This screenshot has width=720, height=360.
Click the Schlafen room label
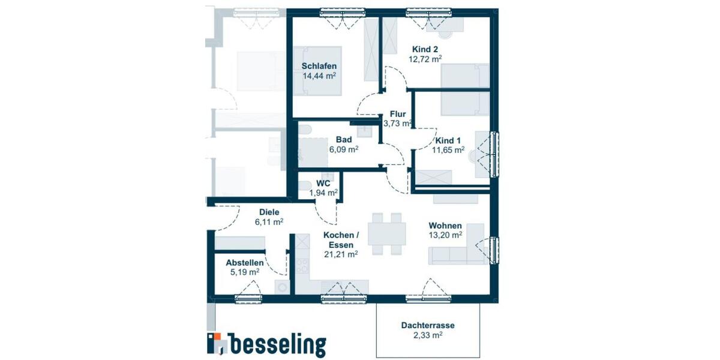click(319, 66)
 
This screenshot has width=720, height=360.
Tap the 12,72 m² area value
click(425, 59)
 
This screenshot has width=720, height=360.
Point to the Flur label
click(398, 114)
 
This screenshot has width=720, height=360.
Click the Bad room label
click(343, 139)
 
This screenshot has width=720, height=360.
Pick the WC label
click(323, 183)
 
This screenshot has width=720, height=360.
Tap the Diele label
click(269, 212)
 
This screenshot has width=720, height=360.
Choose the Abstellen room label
click(244, 263)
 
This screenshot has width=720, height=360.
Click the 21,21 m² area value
click(340, 254)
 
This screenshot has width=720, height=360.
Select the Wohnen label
click(445, 226)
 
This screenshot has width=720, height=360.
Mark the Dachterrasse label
click(428, 326)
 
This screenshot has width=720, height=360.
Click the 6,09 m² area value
click(343, 149)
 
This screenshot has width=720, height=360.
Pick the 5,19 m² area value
click(244, 272)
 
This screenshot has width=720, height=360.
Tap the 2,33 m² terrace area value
click(428, 336)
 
